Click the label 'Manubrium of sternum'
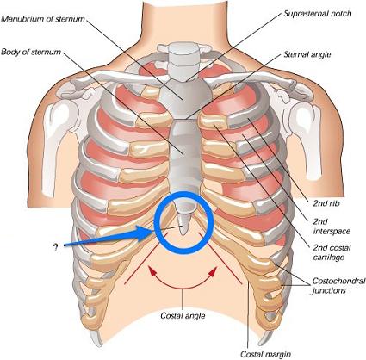[43, 19]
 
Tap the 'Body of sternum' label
[31, 52]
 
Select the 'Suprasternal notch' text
[318, 14]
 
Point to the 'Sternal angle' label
[307, 54]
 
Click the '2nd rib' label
[326, 203]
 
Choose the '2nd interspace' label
[332, 227]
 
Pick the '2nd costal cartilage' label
[332, 252]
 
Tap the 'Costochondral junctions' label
[338, 285]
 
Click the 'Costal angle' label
[183, 316]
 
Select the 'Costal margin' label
[265, 354]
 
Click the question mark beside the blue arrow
[55, 248]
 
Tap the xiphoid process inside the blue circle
[183, 221]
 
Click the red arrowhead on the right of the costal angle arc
[213, 272]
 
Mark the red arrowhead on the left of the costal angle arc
[152, 270]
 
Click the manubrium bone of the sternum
[184, 96]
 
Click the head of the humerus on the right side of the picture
[304, 117]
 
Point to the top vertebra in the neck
[183, 48]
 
